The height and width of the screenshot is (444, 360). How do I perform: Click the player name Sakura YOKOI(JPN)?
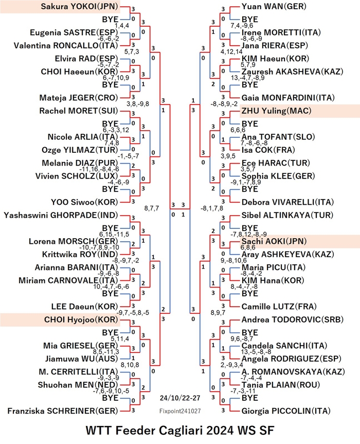pyautogui.click(x=79, y=7)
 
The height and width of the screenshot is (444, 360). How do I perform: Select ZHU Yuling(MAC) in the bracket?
pyautogui.click(x=276, y=111)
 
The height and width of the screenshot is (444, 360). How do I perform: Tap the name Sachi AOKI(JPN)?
pyautogui.click(x=274, y=241)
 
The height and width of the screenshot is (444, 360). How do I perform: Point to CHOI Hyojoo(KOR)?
pyautogui.click(x=81, y=319)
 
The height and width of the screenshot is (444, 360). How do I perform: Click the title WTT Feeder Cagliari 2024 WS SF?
pyautogui.click(x=180, y=431)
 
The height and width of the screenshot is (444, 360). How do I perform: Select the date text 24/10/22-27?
pyautogui.click(x=180, y=398)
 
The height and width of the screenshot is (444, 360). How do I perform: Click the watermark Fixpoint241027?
pyautogui.click(x=180, y=411)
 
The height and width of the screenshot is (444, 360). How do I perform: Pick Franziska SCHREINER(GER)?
pyautogui.click(x=63, y=411)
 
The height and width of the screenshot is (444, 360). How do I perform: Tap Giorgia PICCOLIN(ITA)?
pyautogui.click(x=286, y=411)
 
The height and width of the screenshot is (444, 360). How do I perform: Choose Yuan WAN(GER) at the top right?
pyautogui.click(x=274, y=7)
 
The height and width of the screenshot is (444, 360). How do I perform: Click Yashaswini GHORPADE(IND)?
pyautogui.click(x=61, y=215)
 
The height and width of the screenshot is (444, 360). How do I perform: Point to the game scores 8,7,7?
pyautogui.click(x=152, y=208)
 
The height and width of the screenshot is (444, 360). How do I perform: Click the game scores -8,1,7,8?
pyautogui.click(x=212, y=208)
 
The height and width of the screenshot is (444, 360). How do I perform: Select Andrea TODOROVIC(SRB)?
pyautogui.click(x=292, y=319)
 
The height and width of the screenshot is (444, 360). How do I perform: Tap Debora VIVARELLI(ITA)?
pyautogui.click(x=287, y=202)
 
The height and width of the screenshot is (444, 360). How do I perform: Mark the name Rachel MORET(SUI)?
pyautogui.click(x=79, y=111)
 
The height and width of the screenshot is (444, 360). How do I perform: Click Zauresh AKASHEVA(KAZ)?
pyautogui.click(x=292, y=72)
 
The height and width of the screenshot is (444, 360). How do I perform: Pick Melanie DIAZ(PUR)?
pyautogui.click(x=80, y=163)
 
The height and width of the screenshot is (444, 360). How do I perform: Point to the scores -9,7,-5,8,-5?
pyautogui.click(x=133, y=313)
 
